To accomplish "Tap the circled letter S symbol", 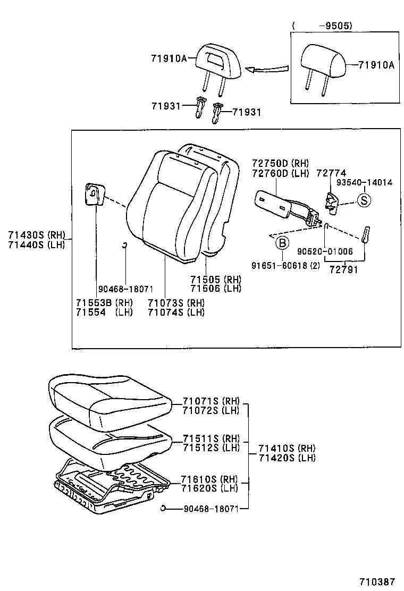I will point(364,200).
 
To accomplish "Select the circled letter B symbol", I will point(282,243).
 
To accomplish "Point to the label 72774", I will point(331,173).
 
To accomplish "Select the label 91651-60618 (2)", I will point(287,265).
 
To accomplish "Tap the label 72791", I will point(343,269).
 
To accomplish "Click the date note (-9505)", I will point(322,25).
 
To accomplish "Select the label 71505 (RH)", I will point(215,280).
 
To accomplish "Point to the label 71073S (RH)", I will point(176,303).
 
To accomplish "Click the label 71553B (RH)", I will point(104,303).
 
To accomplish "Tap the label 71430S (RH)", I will point(35,235).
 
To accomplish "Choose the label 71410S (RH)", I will point(287,448).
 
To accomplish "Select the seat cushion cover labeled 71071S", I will point(109,396).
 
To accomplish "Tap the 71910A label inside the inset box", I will point(376,65).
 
